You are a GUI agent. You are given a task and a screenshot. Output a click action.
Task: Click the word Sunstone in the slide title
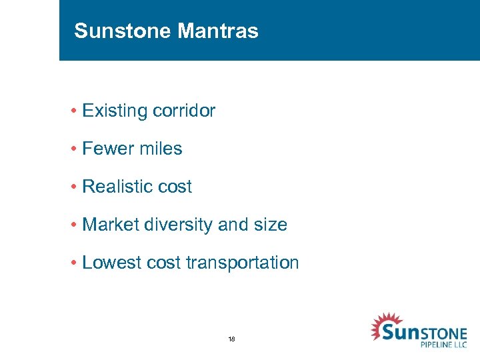[x=114, y=31]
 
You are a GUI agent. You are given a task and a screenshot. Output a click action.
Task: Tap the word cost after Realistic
[x=175, y=187]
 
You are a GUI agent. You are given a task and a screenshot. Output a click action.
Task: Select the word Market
[x=108, y=225]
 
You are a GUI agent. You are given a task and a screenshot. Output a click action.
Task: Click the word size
[x=271, y=225]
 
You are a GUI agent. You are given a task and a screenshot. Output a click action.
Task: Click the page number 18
[x=231, y=339]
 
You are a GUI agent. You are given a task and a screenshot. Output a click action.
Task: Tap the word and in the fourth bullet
[x=233, y=225]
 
